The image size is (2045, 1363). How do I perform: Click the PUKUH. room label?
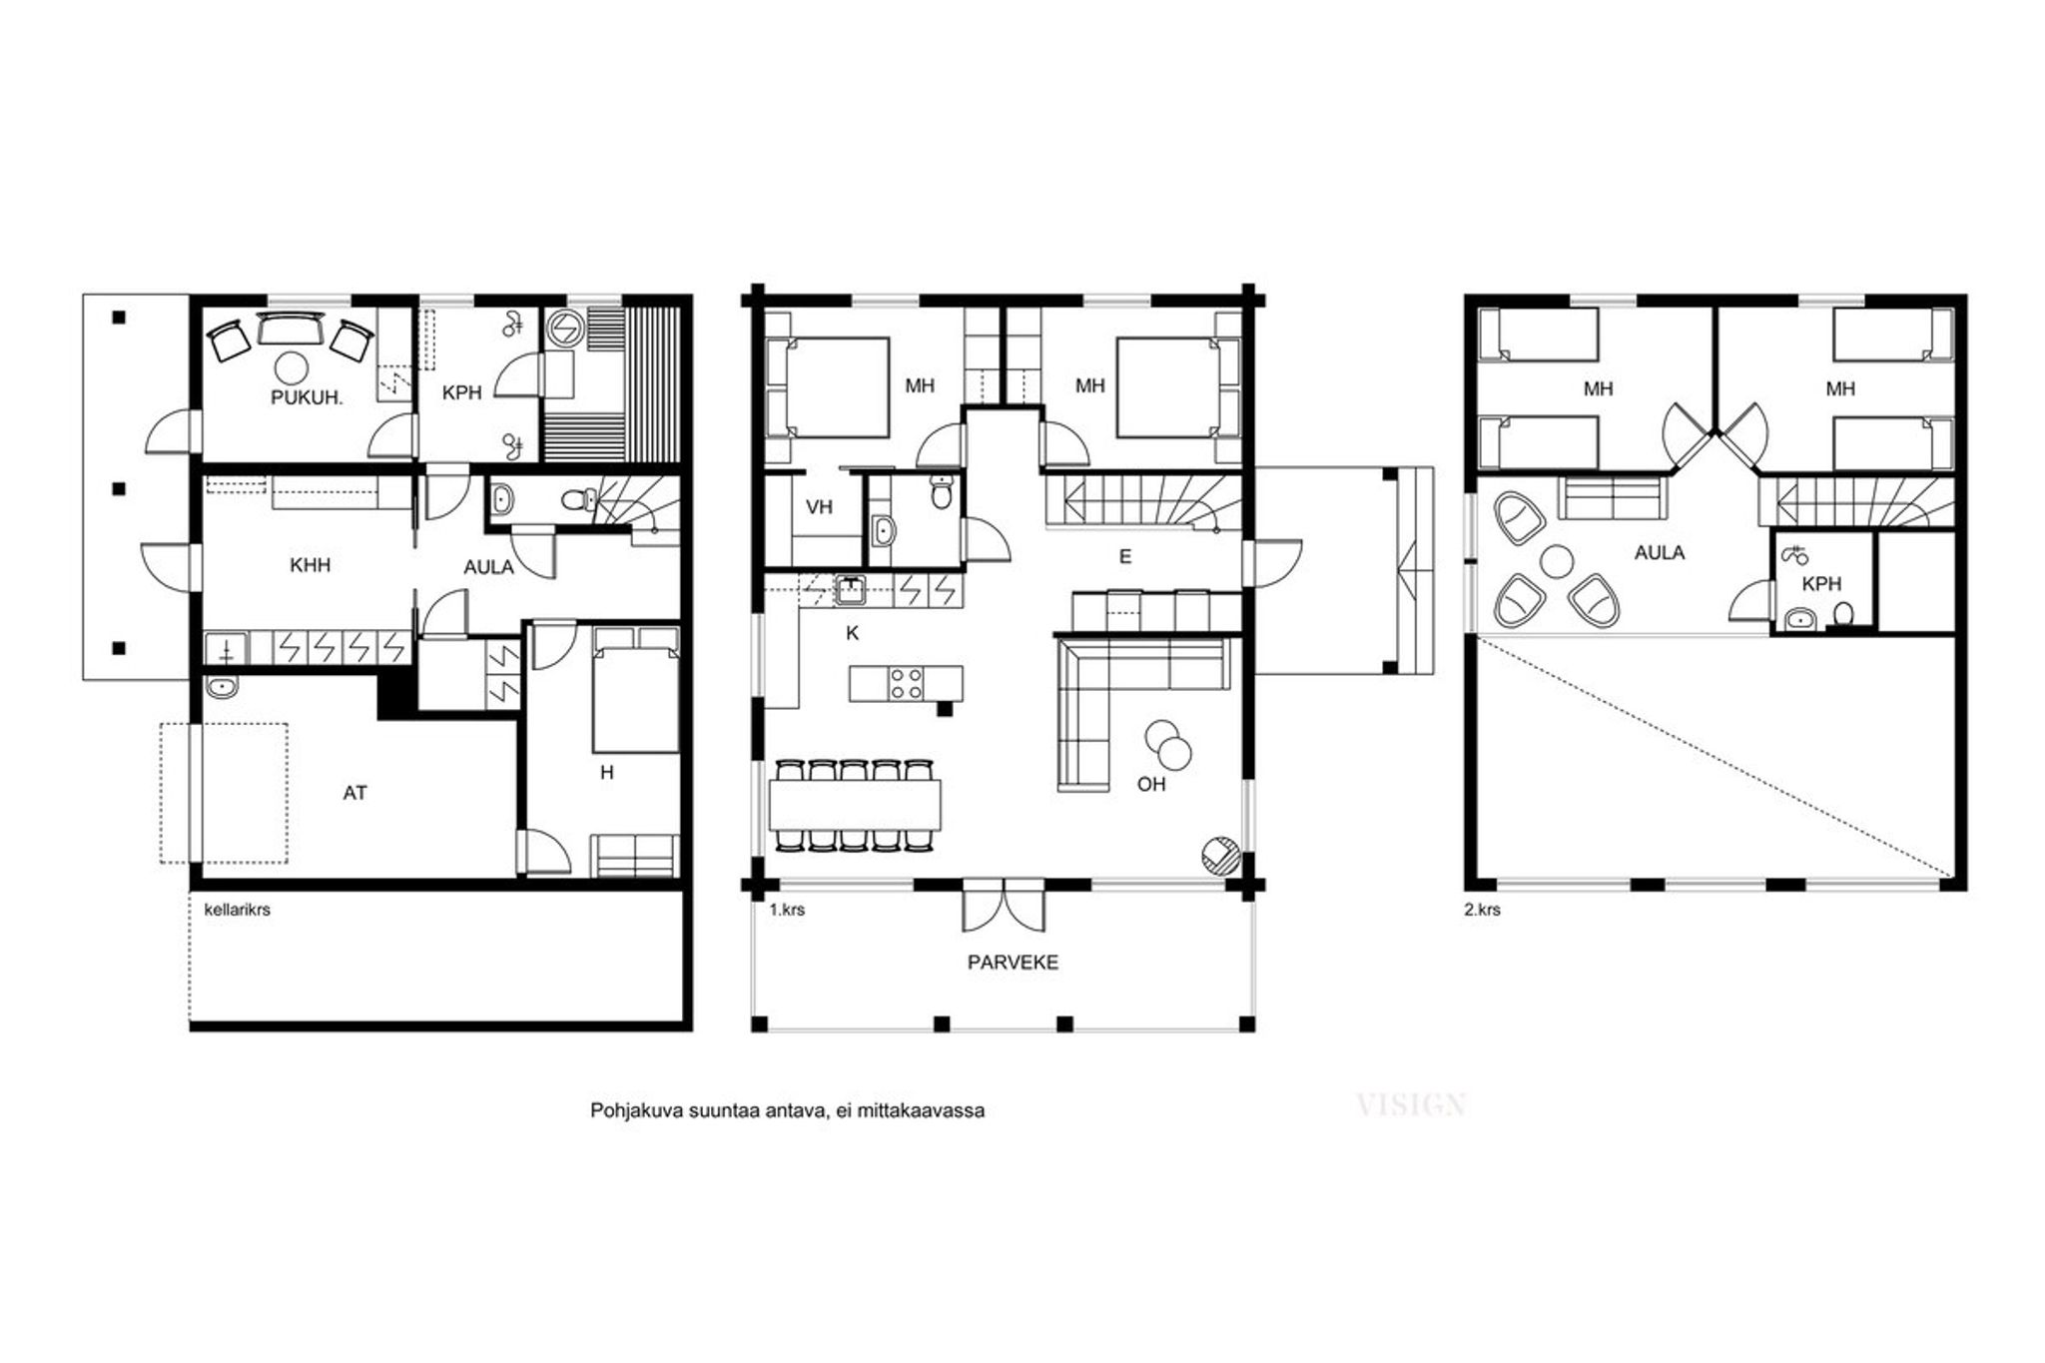coord(307,397)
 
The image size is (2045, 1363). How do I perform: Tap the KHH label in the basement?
coord(310,565)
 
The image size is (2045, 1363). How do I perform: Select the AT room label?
coord(354,793)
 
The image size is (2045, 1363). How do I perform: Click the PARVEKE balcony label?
coord(1013,963)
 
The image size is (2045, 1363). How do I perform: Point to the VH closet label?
coord(819,507)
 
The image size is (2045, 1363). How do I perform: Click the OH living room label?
coord(1151,784)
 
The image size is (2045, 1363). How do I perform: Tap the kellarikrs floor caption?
coord(238,910)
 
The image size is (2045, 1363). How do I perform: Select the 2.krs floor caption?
coord(1482,910)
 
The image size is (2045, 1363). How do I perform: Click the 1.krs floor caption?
coord(787,910)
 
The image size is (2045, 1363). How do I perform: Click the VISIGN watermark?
coord(1411,1104)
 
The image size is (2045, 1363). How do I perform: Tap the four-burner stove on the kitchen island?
coord(907,684)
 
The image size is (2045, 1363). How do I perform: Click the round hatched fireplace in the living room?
coord(1220,855)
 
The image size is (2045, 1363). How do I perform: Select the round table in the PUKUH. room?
coord(292,368)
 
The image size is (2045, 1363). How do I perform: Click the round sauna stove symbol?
coord(563,328)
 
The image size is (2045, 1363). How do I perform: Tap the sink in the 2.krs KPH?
coord(1799,619)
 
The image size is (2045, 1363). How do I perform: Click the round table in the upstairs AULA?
coord(1556,561)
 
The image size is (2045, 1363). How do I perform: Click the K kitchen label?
coord(852,633)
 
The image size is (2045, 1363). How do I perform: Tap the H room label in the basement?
coord(606,772)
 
